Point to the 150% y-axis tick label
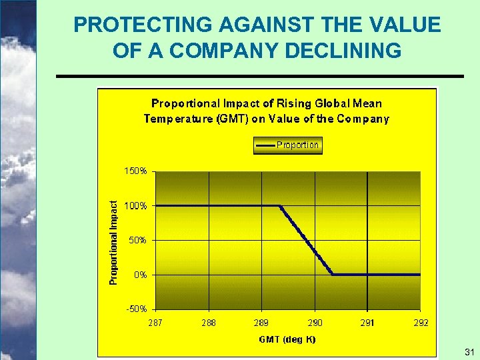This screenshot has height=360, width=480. click(x=136, y=171)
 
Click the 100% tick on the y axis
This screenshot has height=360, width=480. click(x=136, y=206)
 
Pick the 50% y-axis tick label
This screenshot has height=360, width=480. click(x=138, y=240)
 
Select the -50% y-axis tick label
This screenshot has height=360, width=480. click(x=137, y=309)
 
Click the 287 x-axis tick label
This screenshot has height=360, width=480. click(x=155, y=323)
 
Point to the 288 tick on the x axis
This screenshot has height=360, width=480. click(x=209, y=323)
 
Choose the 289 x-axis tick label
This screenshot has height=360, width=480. click(x=261, y=323)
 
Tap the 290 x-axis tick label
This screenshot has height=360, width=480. click(x=315, y=323)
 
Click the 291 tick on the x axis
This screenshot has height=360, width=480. click(x=367, y=323)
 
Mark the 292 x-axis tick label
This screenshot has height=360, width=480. click(x=421, y=323)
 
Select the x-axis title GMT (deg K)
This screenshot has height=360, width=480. click(x=287, y=339)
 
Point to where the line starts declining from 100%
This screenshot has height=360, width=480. click(x=280, y=206)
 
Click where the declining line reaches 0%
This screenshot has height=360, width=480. click(x=333, y=274)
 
